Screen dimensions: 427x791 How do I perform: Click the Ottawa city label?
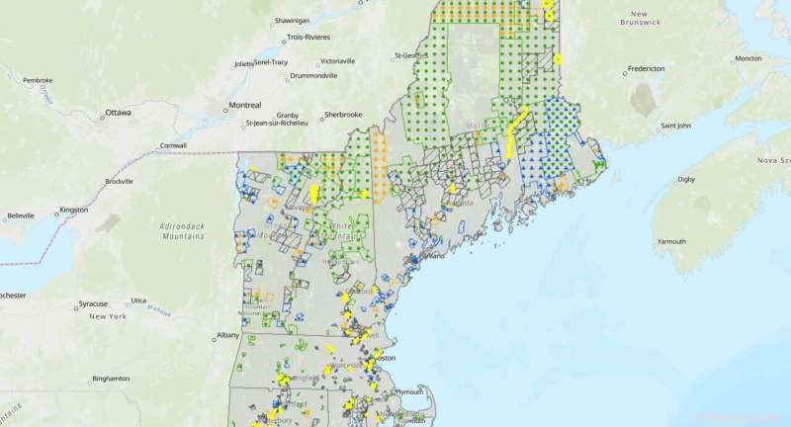tap(119, 113)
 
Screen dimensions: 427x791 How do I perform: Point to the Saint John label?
tap(682, 126)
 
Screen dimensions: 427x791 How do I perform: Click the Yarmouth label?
tap(671, 241)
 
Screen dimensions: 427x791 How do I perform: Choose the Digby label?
tap(686, 180)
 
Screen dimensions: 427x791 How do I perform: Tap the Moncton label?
tap(748, 58)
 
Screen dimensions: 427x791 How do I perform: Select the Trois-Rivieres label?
tap(308, 37)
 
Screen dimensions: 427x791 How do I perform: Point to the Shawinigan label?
tap(290, 19)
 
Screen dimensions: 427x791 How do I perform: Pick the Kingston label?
tap(73, 211)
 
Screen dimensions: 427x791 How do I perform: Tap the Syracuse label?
tap(102, 302)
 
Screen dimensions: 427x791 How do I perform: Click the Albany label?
tap(228, 335)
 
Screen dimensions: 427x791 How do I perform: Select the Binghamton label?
tap(110, 379)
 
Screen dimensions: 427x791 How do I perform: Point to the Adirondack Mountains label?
tap(186, 232)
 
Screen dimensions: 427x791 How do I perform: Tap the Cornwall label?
tap(173, 145)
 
